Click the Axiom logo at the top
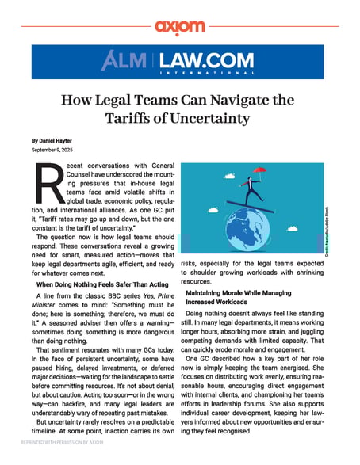coord(179,26)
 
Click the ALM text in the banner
coord(128,61)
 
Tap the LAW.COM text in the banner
coord(209,59)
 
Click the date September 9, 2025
coord(49,149)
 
